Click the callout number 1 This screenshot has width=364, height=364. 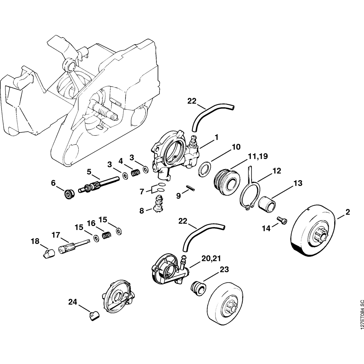point(216,137)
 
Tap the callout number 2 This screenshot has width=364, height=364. point(348,212)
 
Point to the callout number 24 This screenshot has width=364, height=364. point(73,302)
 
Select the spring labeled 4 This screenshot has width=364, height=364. point(135,172)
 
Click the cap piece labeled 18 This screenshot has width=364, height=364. point(47,253)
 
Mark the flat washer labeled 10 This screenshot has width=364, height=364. point(204,169)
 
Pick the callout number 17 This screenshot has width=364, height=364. point(55,235)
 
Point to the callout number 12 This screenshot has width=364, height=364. point(277,170)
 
